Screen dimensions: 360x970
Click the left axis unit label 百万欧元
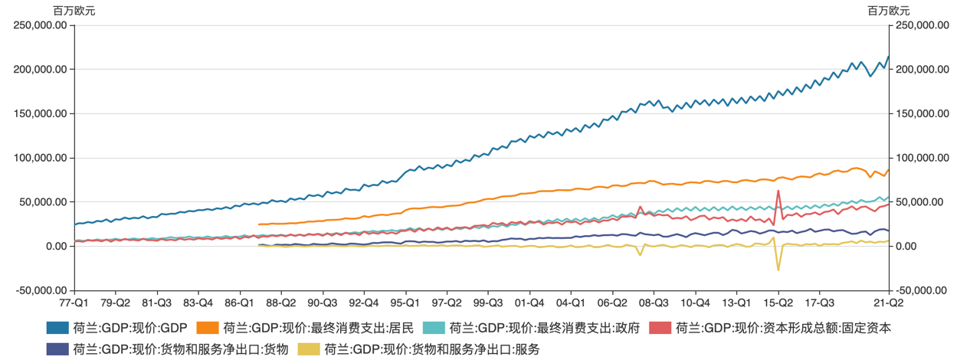tap(74, 11)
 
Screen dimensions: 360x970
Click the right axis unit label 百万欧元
tap(889, 11)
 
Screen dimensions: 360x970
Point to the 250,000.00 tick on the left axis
tap(44, 25)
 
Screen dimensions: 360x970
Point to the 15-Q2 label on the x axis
tap(778, 303)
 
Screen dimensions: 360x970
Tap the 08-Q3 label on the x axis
tap(654, 303)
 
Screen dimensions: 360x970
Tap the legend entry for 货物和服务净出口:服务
tap(432, 349)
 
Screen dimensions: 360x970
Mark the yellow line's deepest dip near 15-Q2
tap(778, 270)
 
